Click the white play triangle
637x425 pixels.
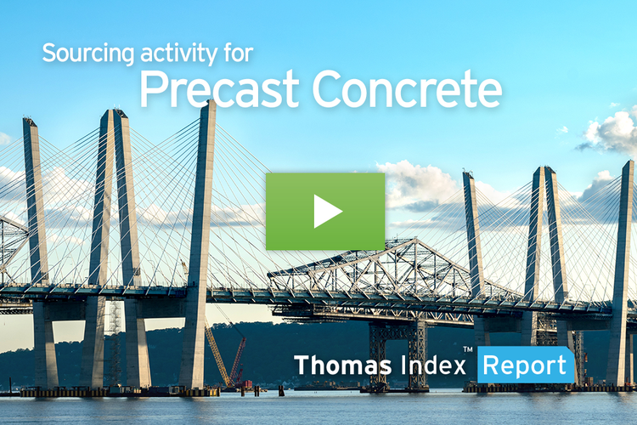(326, 212)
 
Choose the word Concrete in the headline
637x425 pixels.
(405, 89)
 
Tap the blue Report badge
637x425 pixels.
(525, 365)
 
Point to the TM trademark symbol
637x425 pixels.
(467, 350)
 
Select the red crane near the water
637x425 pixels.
(237, 357)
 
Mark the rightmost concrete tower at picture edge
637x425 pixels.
(623, 255)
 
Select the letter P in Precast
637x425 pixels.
(155, 88)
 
